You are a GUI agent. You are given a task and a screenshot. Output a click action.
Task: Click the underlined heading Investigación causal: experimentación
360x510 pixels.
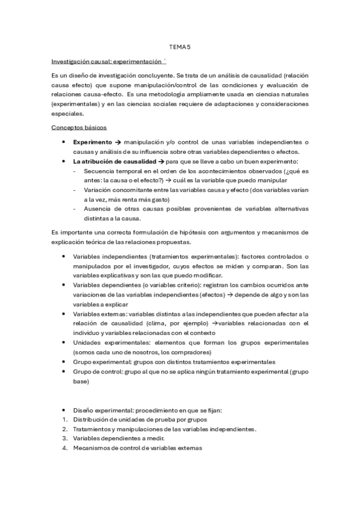point(106,61)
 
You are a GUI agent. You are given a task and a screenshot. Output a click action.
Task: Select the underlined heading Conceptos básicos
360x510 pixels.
point(79,128)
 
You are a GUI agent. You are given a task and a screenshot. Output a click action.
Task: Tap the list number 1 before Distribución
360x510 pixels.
point(64,419)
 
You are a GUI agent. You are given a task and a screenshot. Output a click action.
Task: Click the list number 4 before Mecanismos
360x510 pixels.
point(64,448)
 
